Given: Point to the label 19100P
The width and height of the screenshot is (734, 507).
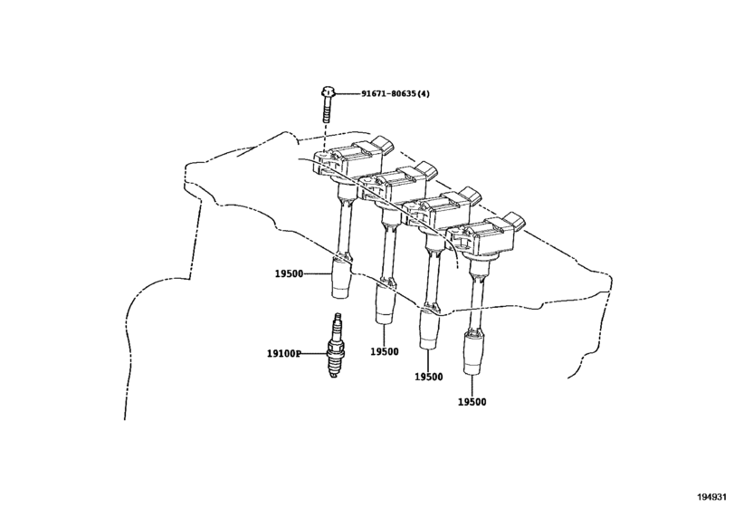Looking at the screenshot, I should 284,356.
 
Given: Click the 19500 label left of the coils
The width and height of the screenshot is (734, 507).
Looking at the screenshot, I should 290,273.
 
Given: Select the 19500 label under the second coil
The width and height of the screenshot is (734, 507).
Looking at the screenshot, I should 384,351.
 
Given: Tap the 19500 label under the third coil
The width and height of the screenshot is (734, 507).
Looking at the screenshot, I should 428,376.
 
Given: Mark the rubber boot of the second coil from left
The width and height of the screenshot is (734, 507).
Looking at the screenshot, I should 384,303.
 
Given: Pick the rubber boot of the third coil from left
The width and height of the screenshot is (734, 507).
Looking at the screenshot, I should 428,330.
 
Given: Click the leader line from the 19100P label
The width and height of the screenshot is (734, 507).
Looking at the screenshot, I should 318,356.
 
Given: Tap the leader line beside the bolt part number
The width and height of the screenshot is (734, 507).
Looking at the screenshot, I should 348,93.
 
